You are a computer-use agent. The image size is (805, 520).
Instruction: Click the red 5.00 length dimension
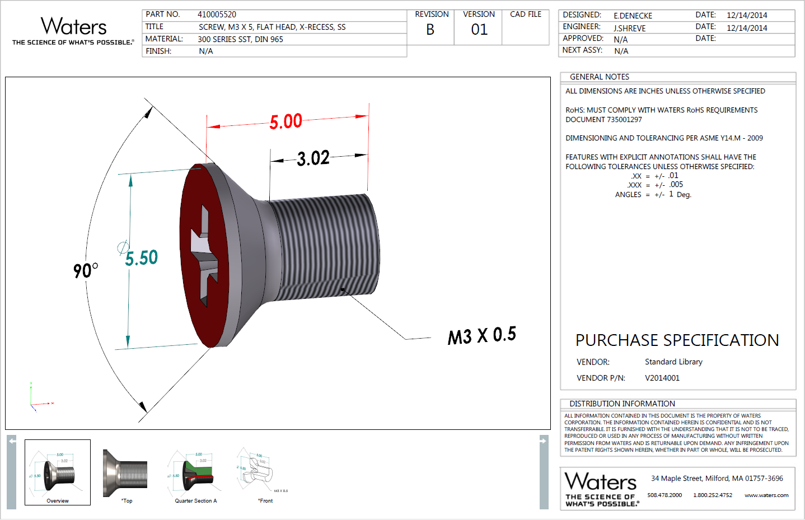(286, 121)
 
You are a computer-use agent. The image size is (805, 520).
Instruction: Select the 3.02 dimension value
(313, 158)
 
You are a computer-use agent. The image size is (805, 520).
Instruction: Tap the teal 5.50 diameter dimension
(141, 258)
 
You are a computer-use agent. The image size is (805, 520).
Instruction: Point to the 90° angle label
(85, 270)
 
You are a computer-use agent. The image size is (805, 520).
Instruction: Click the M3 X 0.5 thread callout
(481, 336)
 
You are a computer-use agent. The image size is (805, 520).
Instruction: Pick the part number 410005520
(217, 15)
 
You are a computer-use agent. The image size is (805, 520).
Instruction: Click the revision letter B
(430, 30)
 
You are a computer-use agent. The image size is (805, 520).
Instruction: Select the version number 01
(479, 30)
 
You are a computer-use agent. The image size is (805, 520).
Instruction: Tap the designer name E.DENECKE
(633, 16)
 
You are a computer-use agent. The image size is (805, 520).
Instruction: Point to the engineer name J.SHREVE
(629, 28)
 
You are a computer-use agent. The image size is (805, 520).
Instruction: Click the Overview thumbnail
(58, 472)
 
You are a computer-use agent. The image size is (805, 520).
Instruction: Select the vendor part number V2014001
(662, 378)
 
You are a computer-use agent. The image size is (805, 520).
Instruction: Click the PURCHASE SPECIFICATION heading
(677, 340)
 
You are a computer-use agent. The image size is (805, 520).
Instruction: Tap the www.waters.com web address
(766, 495)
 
